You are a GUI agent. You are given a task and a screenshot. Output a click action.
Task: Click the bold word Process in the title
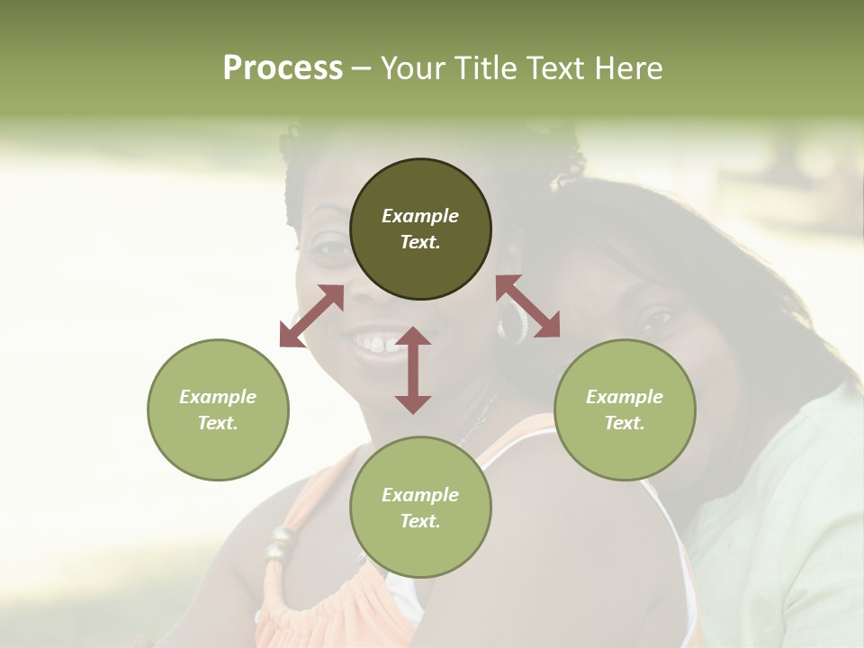click(283, 68)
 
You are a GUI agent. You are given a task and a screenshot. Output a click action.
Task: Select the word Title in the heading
click(485, 68)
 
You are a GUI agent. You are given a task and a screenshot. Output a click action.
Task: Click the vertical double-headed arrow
click(412, 370)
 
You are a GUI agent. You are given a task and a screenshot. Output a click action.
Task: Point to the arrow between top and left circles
click(311, 316)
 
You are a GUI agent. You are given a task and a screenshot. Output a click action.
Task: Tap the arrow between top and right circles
click(528, 306)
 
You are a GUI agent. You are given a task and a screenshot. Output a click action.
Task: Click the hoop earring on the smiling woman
click(513, 323)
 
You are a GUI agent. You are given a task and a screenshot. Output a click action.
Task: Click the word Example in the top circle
click(420, 216)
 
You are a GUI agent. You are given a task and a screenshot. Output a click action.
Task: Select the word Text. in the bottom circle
click(420, 521)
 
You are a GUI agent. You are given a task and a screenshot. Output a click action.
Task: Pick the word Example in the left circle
click(218, 397)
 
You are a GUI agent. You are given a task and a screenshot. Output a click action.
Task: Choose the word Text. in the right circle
click(625, 423)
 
